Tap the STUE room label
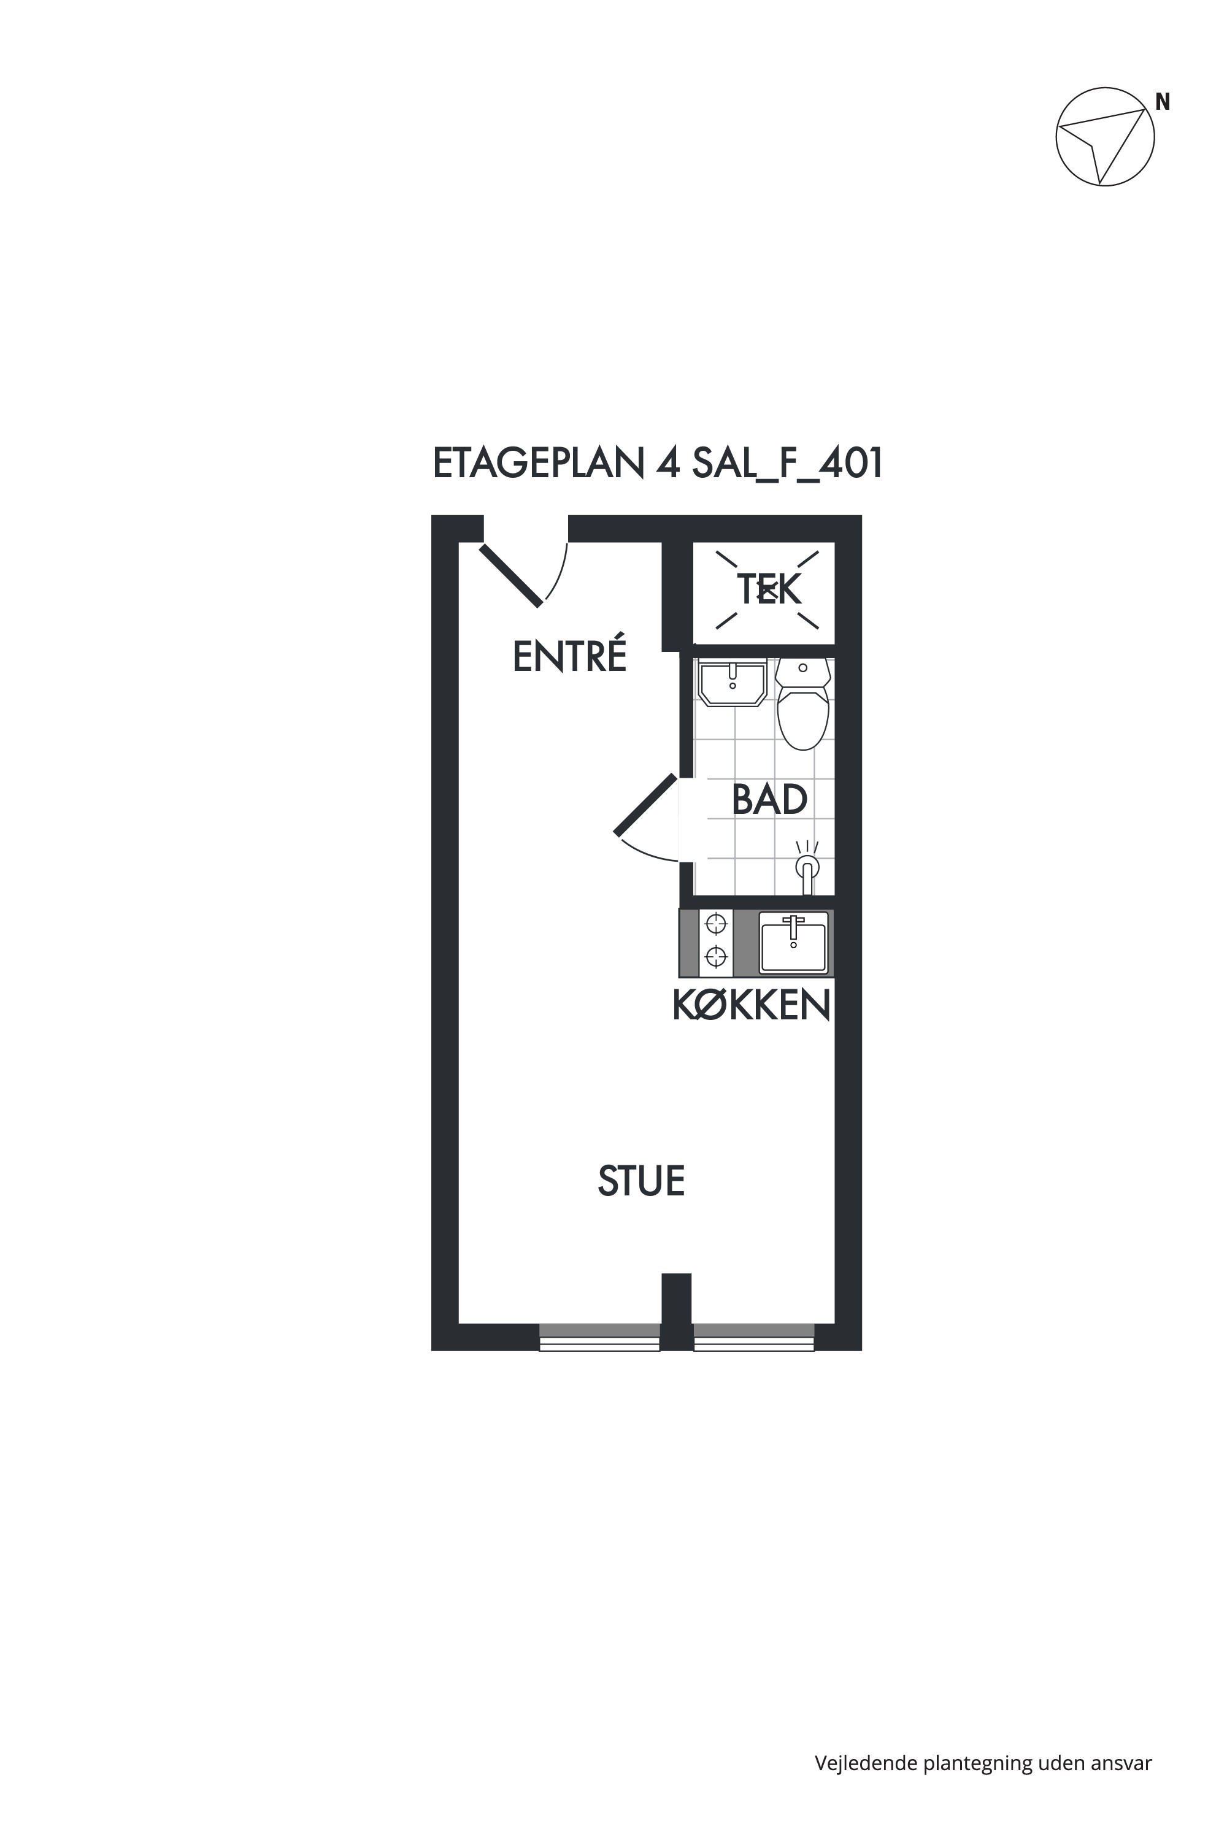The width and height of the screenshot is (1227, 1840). pos(641,1181)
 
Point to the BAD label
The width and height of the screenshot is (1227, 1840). pos(769,800)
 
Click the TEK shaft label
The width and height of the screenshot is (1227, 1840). pos(769,590)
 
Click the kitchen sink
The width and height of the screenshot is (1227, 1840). pos(793,943)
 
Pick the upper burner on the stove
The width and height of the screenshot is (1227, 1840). pos(715,924)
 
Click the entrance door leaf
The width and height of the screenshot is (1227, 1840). pos(511,575)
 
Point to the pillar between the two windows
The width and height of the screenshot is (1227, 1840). pos(677,1312)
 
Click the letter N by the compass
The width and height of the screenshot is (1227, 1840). pos(1163,102)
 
